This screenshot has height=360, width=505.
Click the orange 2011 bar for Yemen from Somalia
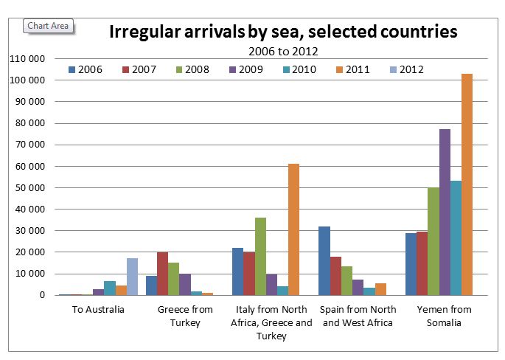[x=467, y=184]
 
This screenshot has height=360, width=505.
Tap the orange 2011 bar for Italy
[x=293, y=229]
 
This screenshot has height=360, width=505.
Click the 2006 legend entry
[x=86, y=70]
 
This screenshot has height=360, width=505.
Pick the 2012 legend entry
[x=406, y=70]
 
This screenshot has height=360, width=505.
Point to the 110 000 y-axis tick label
[x=27, y=58]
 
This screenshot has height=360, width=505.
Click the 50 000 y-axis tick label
[x=29, y=187]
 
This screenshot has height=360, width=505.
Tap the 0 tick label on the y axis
[x=43, y=295]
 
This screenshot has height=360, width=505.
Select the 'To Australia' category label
[x=99, y=309]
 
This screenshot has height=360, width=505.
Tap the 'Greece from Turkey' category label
[x=185, y=316]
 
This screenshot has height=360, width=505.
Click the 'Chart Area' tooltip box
[x=49, y=26]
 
